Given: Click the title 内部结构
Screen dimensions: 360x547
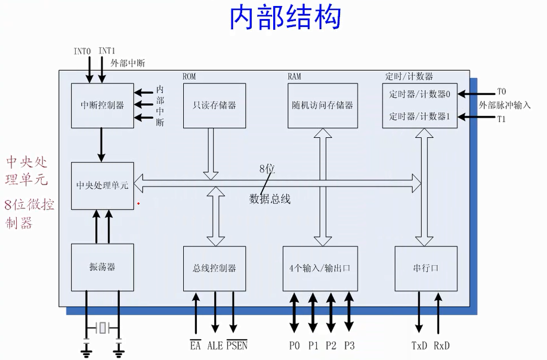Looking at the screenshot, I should coord(286,17).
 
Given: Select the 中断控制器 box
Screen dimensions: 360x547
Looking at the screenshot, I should coord(102,105).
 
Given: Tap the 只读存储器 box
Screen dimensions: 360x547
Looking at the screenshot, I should coord(214,105).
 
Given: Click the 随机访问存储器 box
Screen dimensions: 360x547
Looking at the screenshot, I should coord(323,105).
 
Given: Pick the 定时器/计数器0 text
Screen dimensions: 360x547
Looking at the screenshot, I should coord(419,94).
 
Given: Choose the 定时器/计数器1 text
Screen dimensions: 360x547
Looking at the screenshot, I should coord(419,116).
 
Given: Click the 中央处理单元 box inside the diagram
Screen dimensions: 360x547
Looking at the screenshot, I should coord(102,185).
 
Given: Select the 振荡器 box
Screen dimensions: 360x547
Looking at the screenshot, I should coord(102,267).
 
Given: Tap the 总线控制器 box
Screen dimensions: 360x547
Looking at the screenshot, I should coord(214,268).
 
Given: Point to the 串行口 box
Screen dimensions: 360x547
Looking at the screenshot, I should coord(426,268).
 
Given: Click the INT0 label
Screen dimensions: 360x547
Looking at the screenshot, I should coord(82,51).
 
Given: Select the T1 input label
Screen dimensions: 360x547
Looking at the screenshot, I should coord(501,118).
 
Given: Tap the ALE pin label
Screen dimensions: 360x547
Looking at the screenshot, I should coord(215,346).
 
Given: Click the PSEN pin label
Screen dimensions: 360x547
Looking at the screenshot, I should coord(237,346).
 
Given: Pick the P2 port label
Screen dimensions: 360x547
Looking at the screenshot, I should coord(331,346).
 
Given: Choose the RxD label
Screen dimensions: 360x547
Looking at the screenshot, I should coord(441,346).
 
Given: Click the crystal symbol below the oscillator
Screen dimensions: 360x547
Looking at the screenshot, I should coord(103,327).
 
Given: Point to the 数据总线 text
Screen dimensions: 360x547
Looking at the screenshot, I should coord(270,199).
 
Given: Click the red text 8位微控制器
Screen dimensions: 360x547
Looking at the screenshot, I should coord(29,214).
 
